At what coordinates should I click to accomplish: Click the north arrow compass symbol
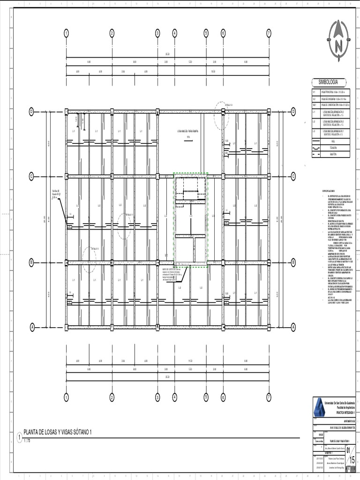coord(338,38)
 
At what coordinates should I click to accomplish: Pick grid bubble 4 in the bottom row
coord(175,397)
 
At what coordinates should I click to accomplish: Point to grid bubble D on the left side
coord(31,112)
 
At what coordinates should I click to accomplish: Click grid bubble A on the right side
coord(293,326)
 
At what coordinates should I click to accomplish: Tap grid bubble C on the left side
coord(31,176)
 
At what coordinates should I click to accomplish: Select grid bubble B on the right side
coord(293,262)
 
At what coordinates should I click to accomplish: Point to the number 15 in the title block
coord(347,461)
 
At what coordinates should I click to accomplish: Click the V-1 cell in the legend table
coord(315,93)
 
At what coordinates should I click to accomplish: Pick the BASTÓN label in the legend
coord(334,154)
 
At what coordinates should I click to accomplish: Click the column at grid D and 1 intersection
coord(67,112)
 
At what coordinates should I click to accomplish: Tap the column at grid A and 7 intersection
coord(269,326)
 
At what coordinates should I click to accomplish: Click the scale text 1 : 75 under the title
coord(29,441)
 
